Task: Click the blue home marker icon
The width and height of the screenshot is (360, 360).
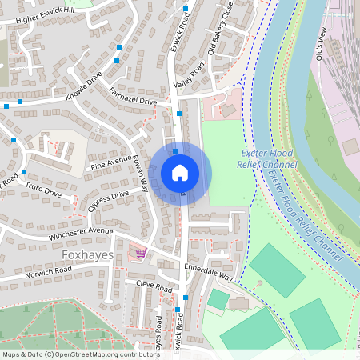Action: click(180, 172)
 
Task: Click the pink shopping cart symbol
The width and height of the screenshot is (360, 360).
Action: click(142, 254)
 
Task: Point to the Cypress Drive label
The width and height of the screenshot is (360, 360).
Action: click(108, 201)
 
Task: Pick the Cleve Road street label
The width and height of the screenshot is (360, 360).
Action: click(154, 286)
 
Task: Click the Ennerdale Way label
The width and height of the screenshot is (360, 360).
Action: click(208, 272)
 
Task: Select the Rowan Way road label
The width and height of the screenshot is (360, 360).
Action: click(141, 172)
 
